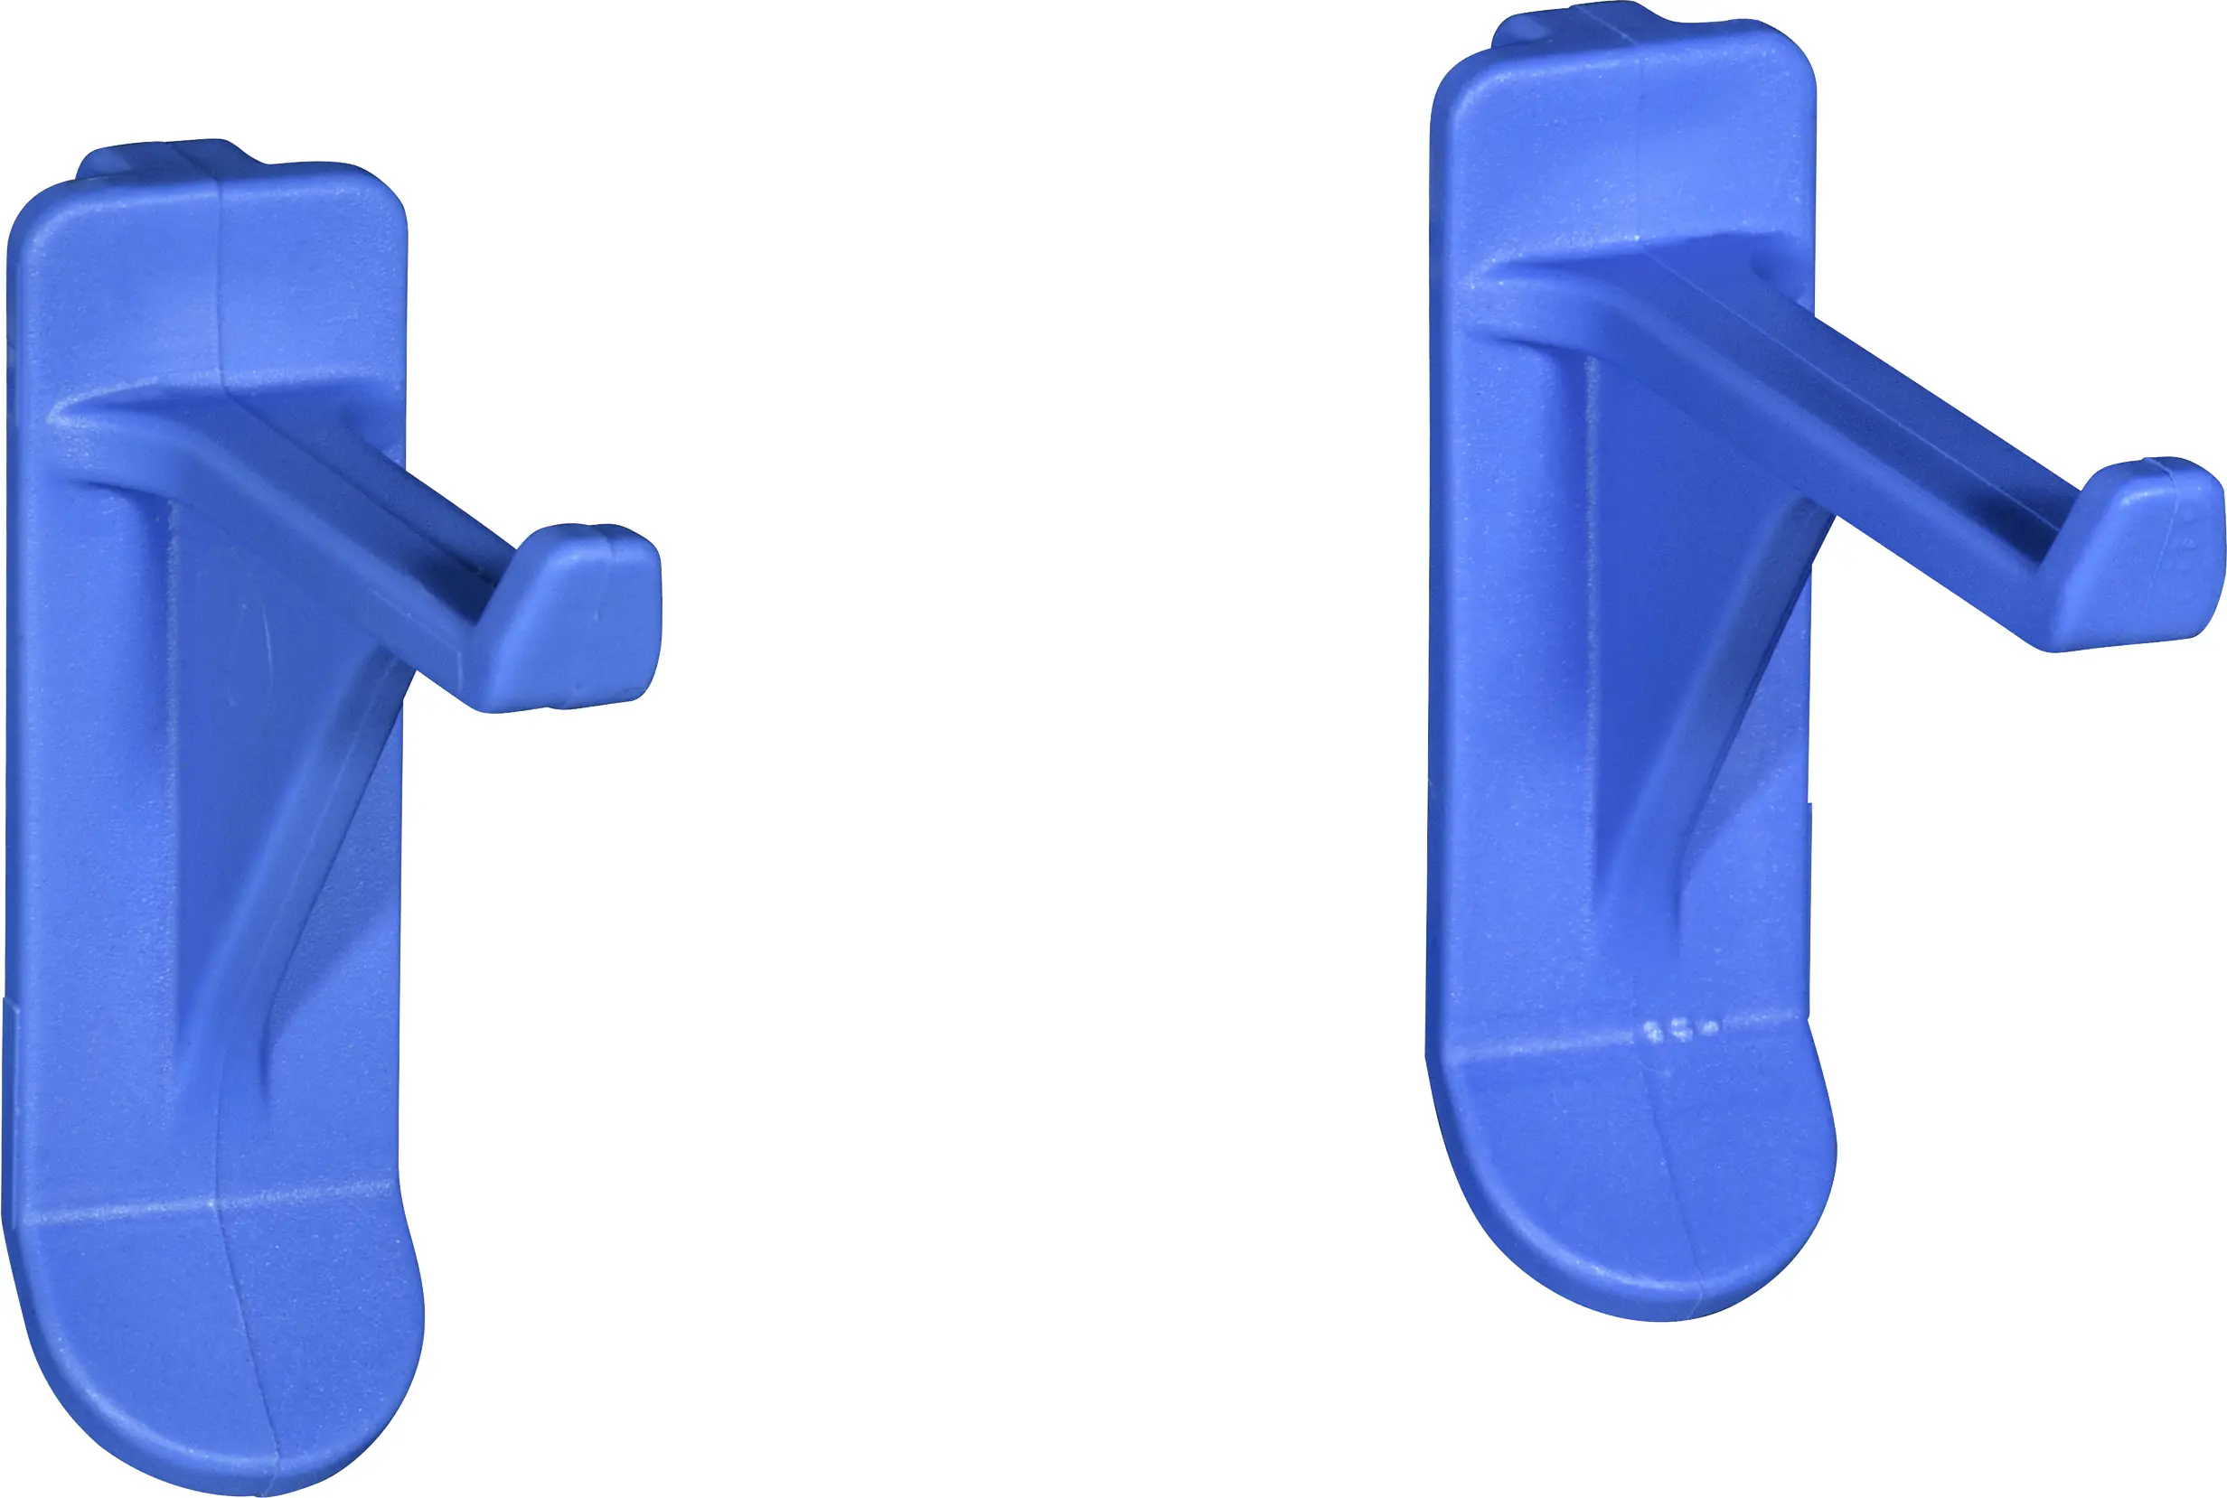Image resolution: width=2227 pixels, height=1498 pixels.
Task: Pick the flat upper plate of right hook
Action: [x=1625, y=144]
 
